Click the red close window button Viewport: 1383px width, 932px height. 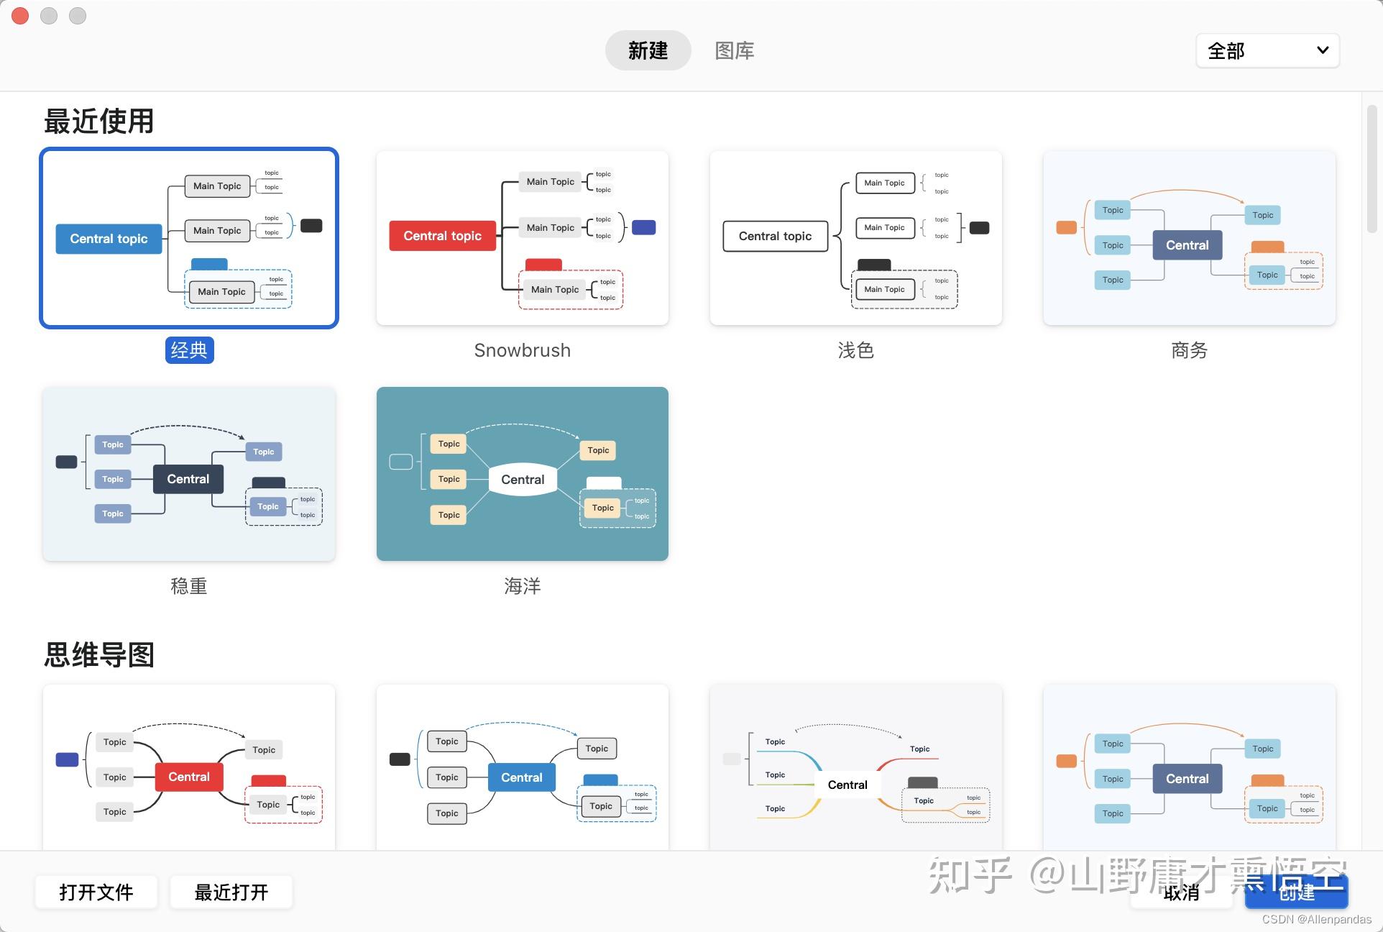pyautogui.click(x=20, y=16)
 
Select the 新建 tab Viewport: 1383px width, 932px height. pyautogui.click(x=648, y=50)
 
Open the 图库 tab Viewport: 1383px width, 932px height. pyautogui.click(x=734, y=50)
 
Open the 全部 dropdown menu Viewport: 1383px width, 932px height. pyautogui.click(x=1267, y=51)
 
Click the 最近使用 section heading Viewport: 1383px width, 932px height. pyautogui.click(x=99, y=121)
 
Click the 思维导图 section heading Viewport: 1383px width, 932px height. pyautogui.click(x=99, y=654)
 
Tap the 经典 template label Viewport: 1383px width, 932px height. pyautogui.click(x=189, y=350)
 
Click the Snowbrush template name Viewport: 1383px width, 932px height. pyautogui.click(x=522, y=350)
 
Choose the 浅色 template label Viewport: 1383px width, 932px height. pyautogui.click(x=855, y=350)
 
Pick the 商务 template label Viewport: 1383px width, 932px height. pyautogui.click(x=1189, y=350)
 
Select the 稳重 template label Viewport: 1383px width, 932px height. pyautogui.click(x=189, y=586)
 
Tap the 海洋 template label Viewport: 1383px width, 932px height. pyautogui.click(x=522, y=586)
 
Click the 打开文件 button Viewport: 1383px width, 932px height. pyautogui.click(x=96, y=892)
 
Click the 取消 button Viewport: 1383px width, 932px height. pyautogui.click(x=1181, y=893)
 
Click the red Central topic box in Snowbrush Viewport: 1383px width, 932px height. pyautogui.click(x=442, y=236)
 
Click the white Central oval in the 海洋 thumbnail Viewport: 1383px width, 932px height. pyautogui.click(x=523, y=480)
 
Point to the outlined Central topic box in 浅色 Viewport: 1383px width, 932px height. pyautogui.click(x=775, y=236)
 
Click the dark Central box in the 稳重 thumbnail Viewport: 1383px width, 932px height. pyautogui.click(x=188, y=479)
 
